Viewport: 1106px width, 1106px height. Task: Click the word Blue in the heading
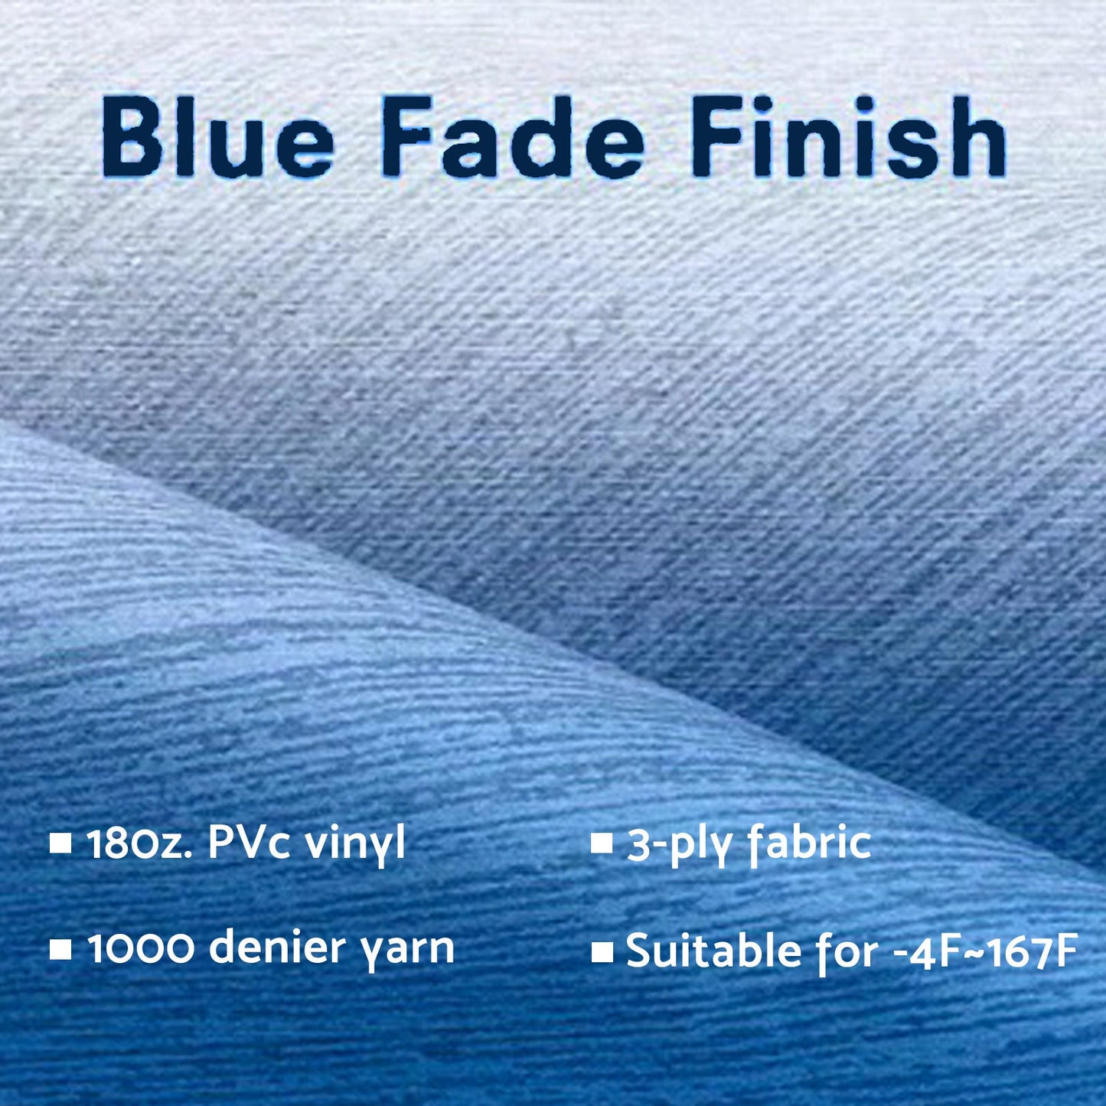217,138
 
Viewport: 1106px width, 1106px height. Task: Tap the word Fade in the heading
511,138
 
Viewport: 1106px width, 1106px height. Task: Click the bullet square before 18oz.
60,844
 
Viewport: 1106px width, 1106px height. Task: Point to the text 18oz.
141,843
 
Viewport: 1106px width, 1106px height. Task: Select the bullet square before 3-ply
602,844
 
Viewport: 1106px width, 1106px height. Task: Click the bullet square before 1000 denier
60,950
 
